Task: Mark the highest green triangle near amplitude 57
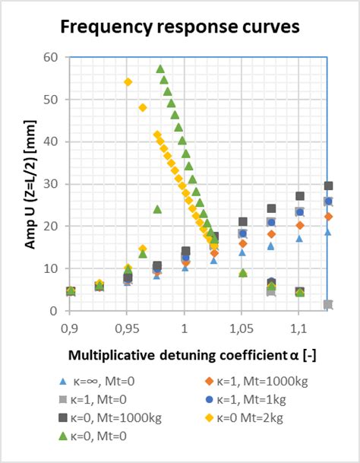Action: tap(160, 69)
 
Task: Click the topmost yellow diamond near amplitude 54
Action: tap(128, 82)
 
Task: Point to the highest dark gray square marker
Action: tap(328, 186)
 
